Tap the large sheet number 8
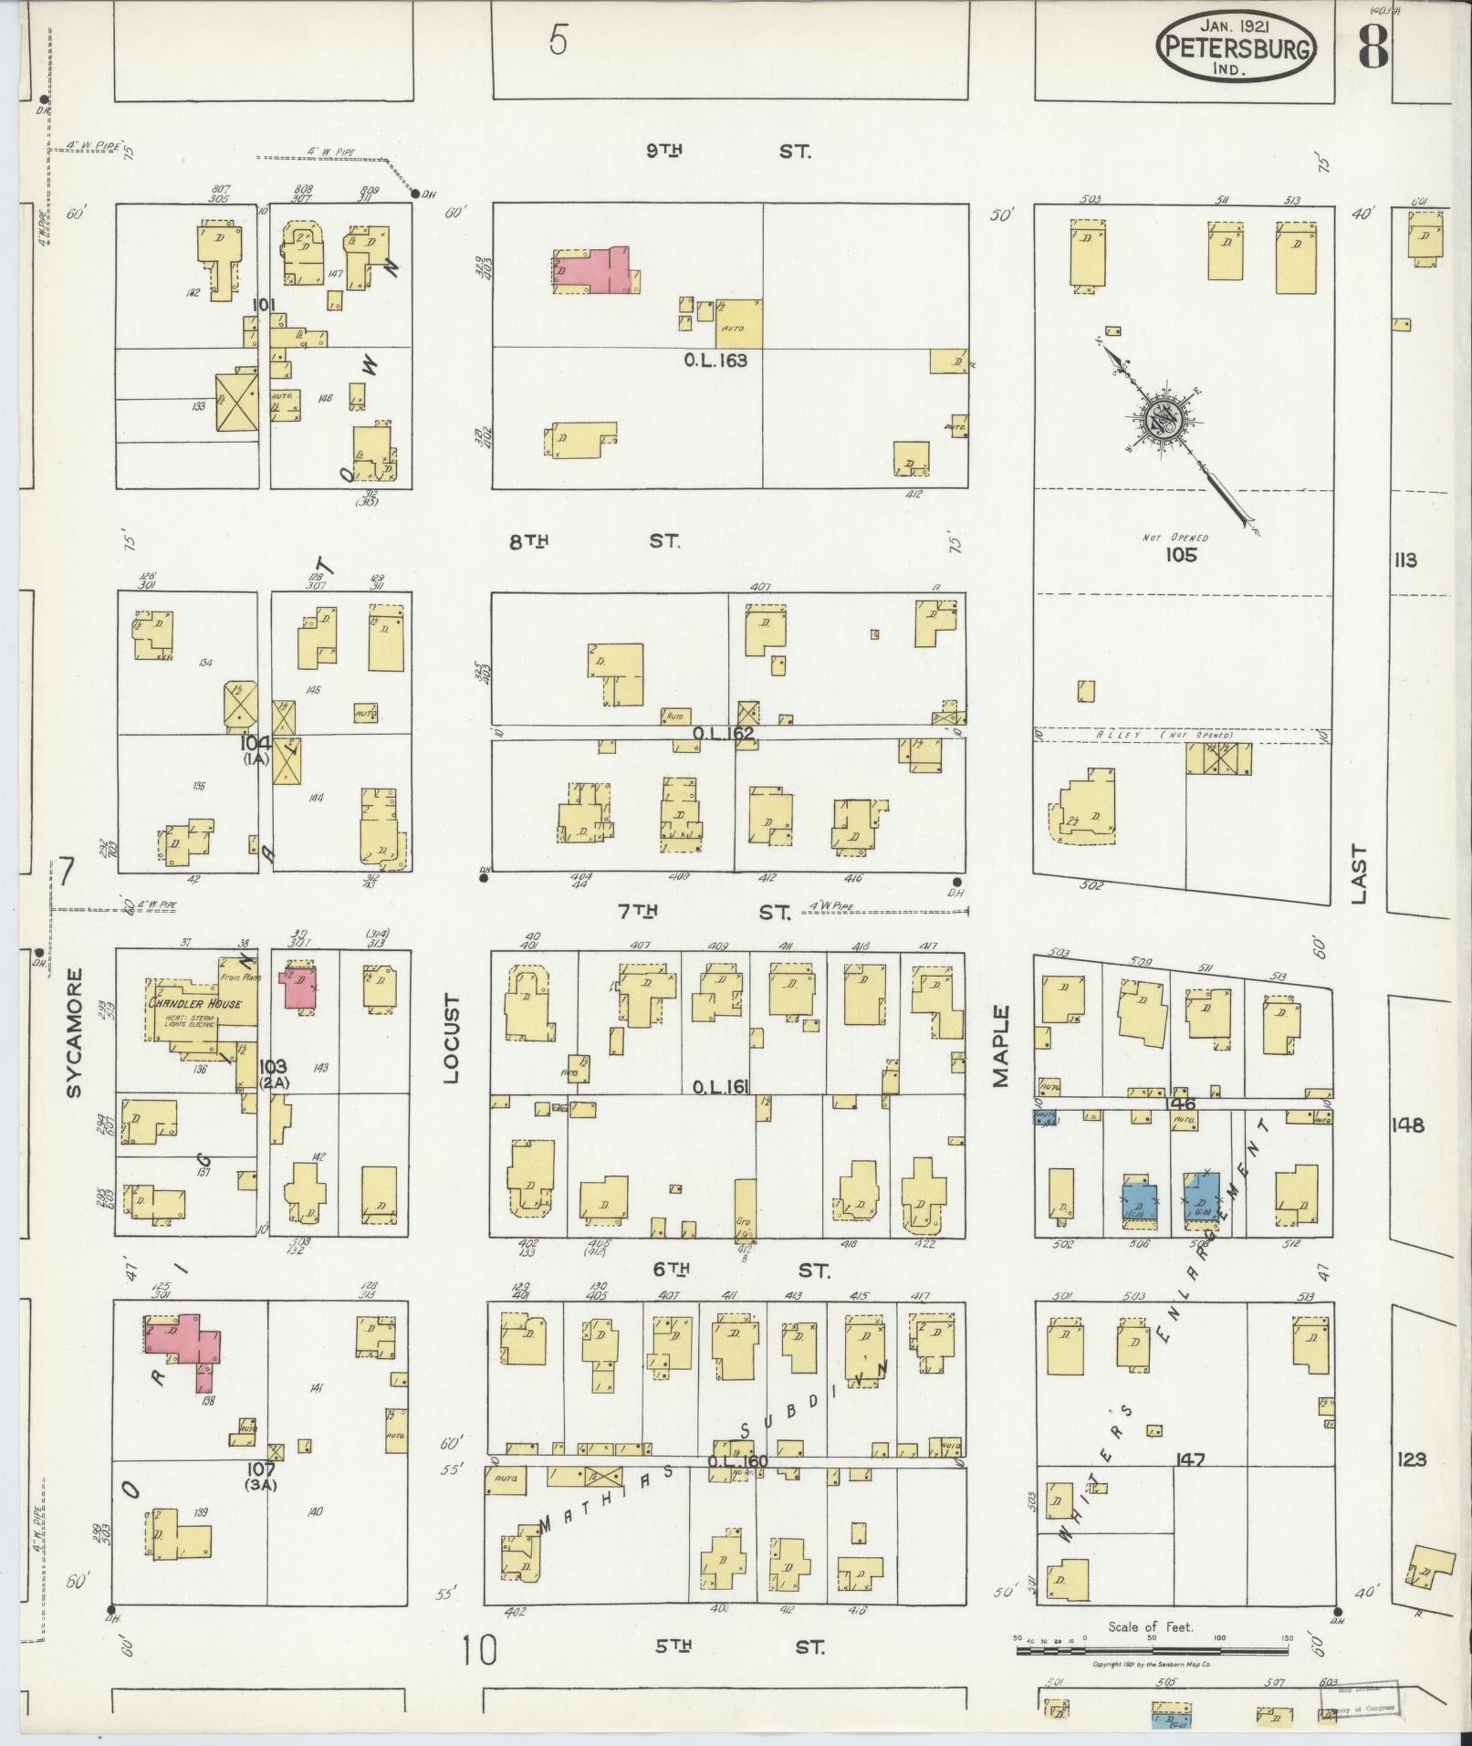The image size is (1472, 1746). coord(1373,46)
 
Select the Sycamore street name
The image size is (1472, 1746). coord(74,1032)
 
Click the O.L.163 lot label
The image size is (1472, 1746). coord(715,361)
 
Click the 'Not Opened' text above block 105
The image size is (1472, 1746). coord(1175,538)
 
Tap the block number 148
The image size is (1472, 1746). coord(1408,1125)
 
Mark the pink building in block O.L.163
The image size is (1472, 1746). coord(593,271)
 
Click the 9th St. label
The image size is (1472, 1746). coord(727,152)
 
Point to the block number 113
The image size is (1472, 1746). coord(1405,560)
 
